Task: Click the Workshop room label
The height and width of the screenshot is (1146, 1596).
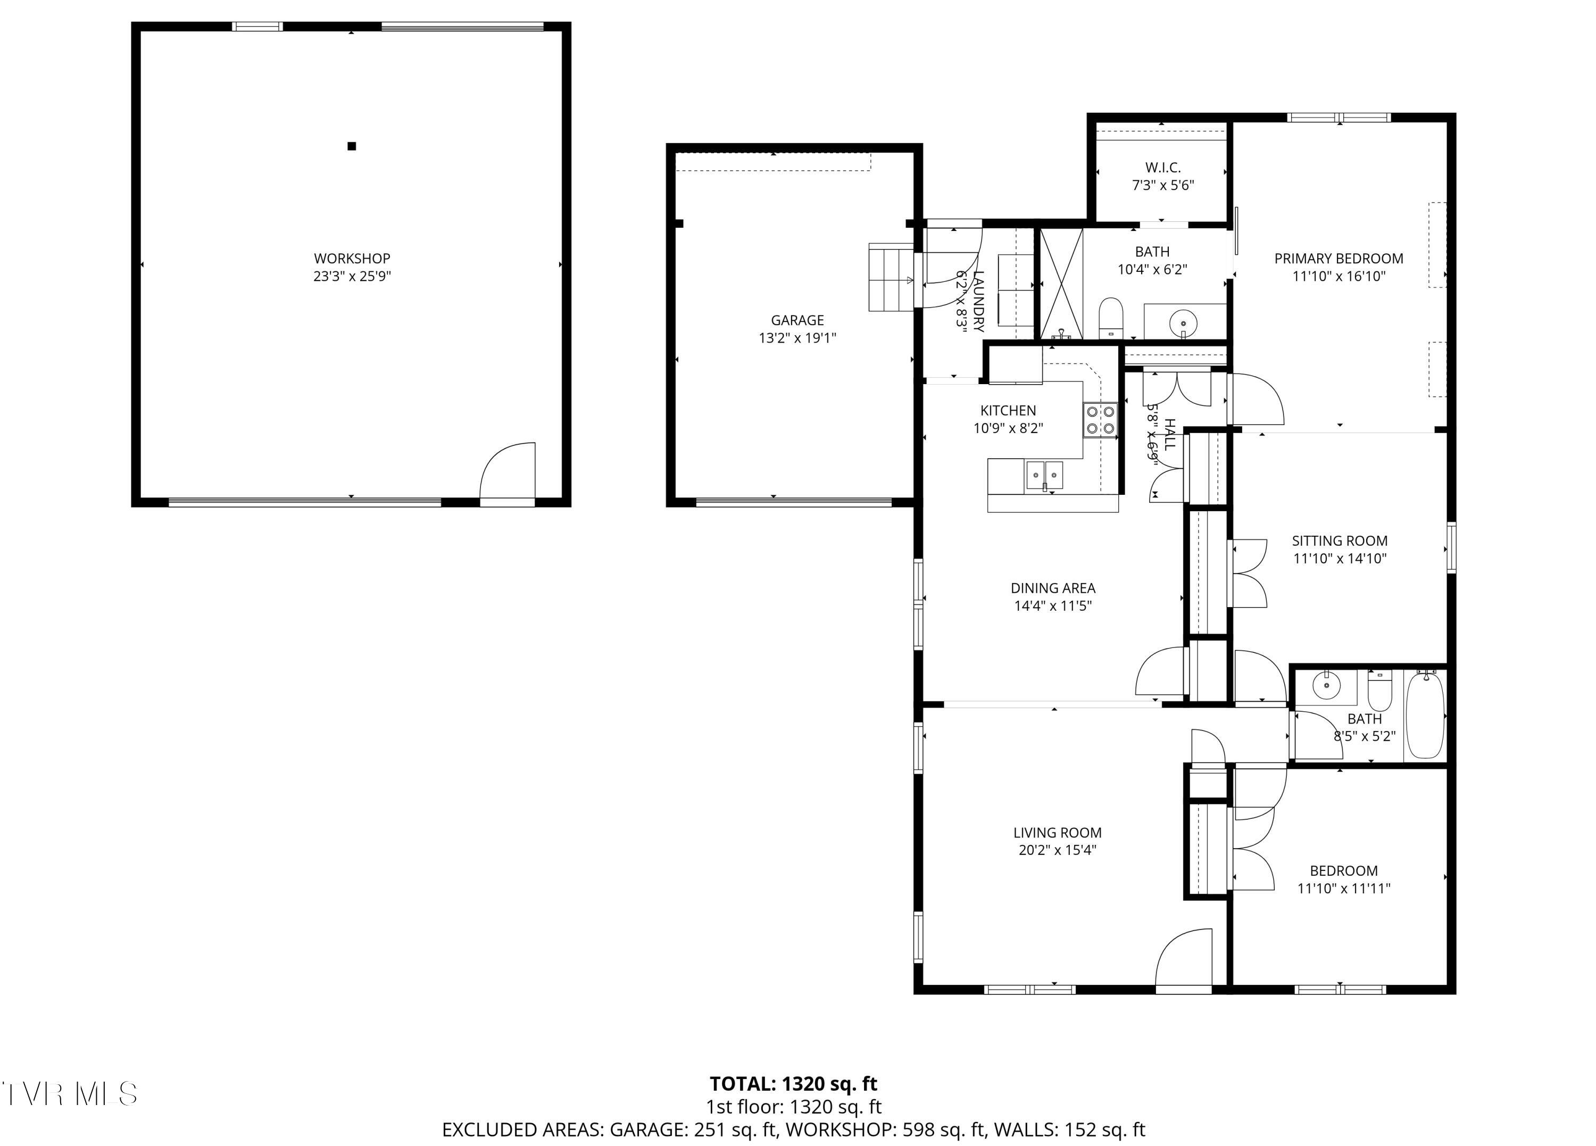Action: click(x=352, y=259)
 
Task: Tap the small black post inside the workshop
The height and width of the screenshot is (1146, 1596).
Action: click(x=352, y=146)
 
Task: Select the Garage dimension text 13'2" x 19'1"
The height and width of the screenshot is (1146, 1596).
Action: click(x=797, y=338)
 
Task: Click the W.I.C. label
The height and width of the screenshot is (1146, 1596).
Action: click(x=1162, y=168)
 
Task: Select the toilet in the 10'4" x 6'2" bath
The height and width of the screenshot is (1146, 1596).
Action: click(x=1111, y=318)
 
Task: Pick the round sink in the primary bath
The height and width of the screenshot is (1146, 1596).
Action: click(x=1184, y=324)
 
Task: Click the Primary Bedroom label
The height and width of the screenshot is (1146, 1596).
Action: click(x=1339, y=259)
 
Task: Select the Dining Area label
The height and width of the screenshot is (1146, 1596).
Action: click(x=1053, y=588)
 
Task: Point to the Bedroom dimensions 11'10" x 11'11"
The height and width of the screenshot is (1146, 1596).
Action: click(x=1343, y=888)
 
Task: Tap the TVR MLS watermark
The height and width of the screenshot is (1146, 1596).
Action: click(x=69, y=1094)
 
